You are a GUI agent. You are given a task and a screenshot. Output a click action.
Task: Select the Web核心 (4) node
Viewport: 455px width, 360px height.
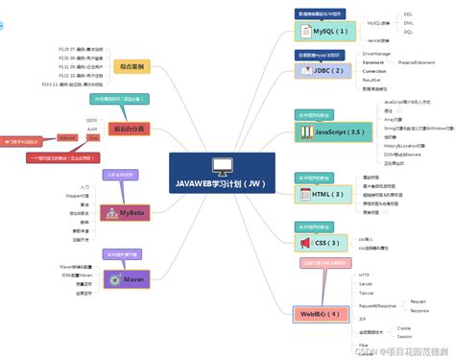(317, 313)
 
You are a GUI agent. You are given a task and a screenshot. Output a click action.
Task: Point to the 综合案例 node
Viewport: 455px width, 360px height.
(132, 66)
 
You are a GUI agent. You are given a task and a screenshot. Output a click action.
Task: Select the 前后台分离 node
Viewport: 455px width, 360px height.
(131, 128)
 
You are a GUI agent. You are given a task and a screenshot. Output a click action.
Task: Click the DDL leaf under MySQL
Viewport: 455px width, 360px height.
(408, 14)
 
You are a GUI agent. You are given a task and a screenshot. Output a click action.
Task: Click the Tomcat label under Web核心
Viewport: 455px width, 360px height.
(367, 292)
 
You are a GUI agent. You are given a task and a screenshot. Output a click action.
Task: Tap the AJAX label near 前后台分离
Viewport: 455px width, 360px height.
(91, 128)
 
